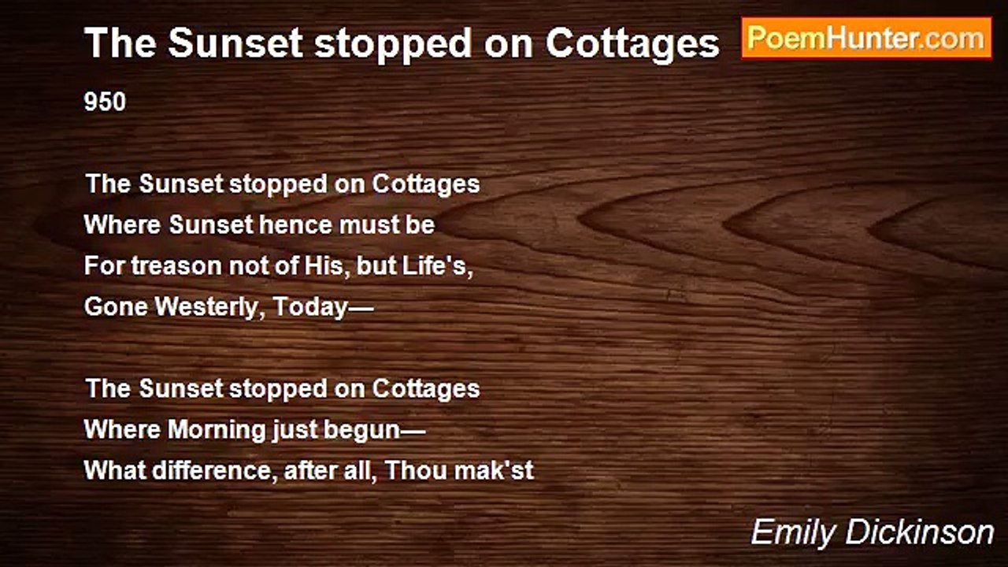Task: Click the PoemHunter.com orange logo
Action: pyautogui.click(x=866, y=39)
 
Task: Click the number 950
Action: pyautogui.click(x=105, y=102)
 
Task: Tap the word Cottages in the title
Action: pyautogui.click(x=632, y=44)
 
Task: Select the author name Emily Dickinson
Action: pyautogui.click(x=872, y=533)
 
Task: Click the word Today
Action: pyautogui.click(x=310, y=308)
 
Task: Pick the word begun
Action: pyautogui.click(x=361, y=431)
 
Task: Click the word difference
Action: pyautogui.click(x=213, y=471)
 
